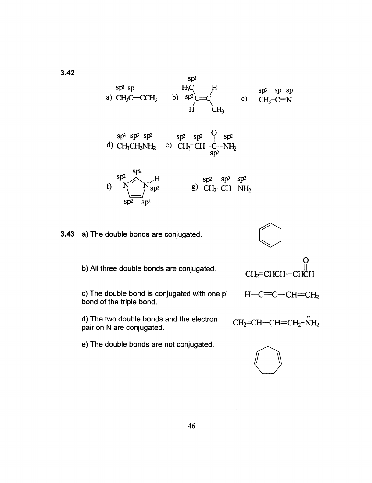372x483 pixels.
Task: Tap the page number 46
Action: click(191, 426)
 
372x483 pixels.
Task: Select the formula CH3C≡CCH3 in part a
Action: click(136, 98)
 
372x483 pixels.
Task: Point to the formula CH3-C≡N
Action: click(275, 100)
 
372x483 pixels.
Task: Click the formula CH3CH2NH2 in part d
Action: click(136, 146)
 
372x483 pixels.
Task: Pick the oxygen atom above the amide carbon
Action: click(214, 133)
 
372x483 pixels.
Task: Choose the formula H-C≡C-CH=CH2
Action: click(281, 295)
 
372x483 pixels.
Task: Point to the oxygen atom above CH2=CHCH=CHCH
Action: click(306, 260)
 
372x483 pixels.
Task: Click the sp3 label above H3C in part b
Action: click(192, 79)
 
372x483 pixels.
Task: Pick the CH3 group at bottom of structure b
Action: click(218, 110)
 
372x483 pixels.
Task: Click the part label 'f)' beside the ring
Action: click(109, 186)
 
